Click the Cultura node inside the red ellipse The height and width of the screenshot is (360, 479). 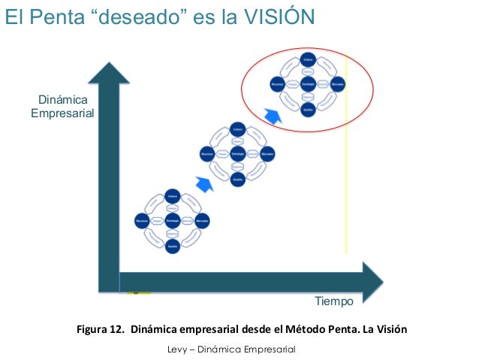pyautogui.click(x=307, y=59)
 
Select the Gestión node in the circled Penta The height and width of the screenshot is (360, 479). pyautogui.click(x=307, y=109)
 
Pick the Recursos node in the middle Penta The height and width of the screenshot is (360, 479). pyautogui.click(x=207, y=153)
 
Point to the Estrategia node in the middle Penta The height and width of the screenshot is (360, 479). pyautogui.click(x=237, y=153)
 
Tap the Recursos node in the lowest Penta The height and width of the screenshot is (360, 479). pyautogui.click(x=141, y=222)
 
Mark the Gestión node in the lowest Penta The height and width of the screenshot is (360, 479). pyautogui.click(x=171, y=247)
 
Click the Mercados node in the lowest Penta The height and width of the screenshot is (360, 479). pyautogui.click(x=202, y=222)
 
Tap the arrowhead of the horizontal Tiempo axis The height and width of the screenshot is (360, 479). pyautogui.click(x=372, y=279)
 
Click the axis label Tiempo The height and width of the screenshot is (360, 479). pyautogui.click(x=333, y=301)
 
